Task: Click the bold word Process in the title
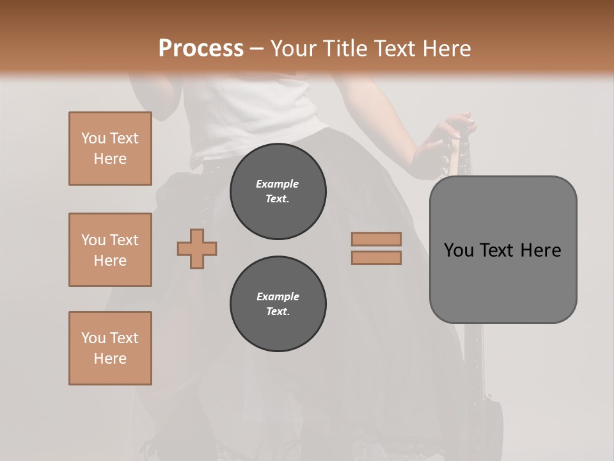pyautogui.click(x=201, y=49)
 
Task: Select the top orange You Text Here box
pyautogui.click(x=110, y=149)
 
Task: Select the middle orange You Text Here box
pyautogui.click(x=110, y=250)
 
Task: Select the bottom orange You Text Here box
pyautogui.click(x=110, y=348)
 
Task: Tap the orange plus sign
pyautogui.click(x=197, y=248)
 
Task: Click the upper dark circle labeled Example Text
pyautogui.click(x=278, y=191)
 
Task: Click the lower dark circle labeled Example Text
pyautogui.click(x=278, y=304)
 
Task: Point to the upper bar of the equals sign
pyautogui.click(x=376, y=239)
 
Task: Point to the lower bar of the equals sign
pyautogui.click(x=376, y=257)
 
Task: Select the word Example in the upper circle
pyautogui.click(x=278, y=184)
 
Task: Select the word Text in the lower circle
pyautogui.click(x=278, y=312)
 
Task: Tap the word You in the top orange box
pyautogui.click(x=93, y=138)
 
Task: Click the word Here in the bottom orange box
pyautogui.click(x=110, y=359)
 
